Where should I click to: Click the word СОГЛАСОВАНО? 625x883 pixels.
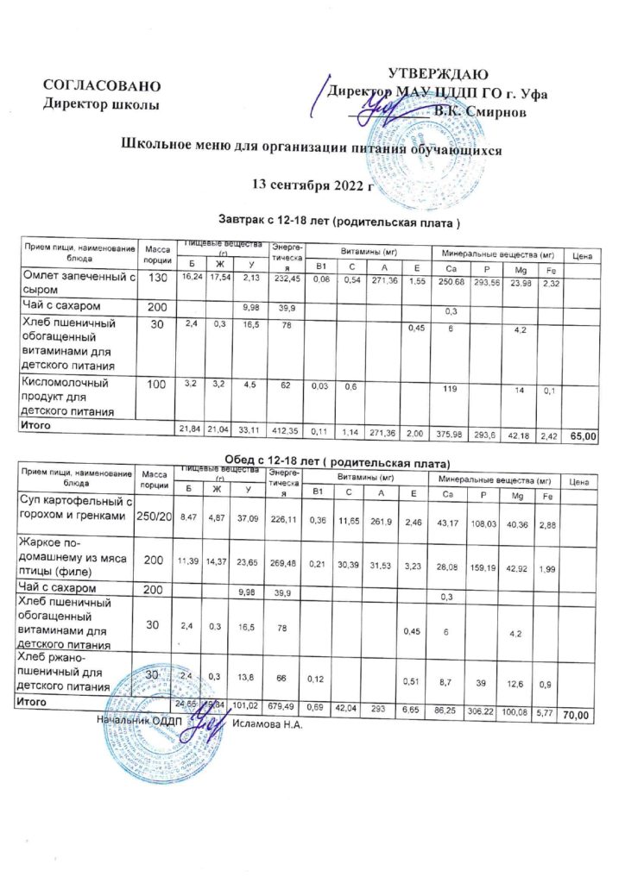click(102, 86)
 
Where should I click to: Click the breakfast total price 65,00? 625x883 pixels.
click(584, 438)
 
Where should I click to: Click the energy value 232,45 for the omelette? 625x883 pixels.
click(286, 281)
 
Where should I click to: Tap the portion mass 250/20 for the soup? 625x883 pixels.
click(156, 515)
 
